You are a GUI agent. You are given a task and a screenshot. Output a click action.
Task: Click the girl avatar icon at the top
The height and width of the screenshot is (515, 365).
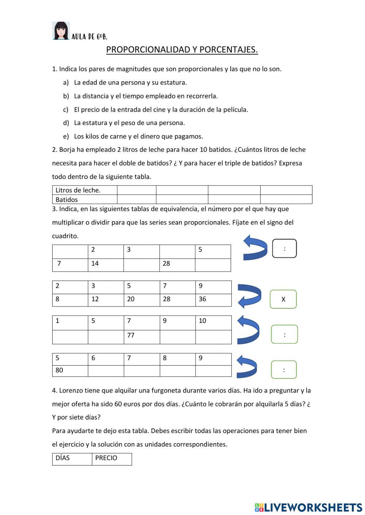click(x=61, y=31)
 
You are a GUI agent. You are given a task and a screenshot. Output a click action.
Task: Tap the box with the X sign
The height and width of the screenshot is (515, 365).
click(x=283, y=299)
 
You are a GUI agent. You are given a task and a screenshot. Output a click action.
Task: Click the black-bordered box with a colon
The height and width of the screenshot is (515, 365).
click(x=284, y=249)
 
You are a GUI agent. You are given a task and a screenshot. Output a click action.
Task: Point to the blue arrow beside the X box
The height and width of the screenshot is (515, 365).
click(x=250, y=296)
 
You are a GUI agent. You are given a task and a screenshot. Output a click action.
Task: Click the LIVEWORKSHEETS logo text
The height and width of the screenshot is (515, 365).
click(x=313, y=507)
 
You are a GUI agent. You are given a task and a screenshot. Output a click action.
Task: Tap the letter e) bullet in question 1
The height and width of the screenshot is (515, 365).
click(x=66, y=136)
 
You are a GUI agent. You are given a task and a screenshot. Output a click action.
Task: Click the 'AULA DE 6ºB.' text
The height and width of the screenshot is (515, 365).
click(x=89, y=36)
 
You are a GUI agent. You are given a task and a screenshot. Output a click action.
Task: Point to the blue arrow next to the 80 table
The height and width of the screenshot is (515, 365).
click(x=247, y=366)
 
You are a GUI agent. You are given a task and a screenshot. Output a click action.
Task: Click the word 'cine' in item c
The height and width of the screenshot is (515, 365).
click(x=159, y=109)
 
